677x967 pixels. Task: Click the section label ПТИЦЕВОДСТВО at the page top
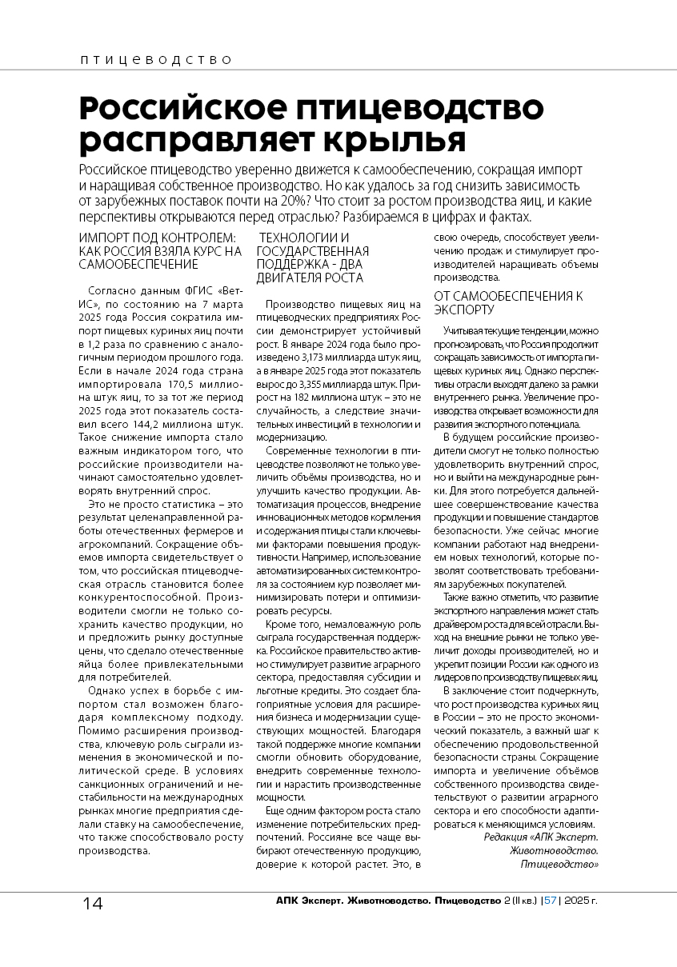[156, 60]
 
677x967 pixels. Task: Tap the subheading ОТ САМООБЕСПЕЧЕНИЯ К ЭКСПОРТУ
[508, 302]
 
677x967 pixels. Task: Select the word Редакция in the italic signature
[507, 836]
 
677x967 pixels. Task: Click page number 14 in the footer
[92, 904]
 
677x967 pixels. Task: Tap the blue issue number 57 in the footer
[551, 901]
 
